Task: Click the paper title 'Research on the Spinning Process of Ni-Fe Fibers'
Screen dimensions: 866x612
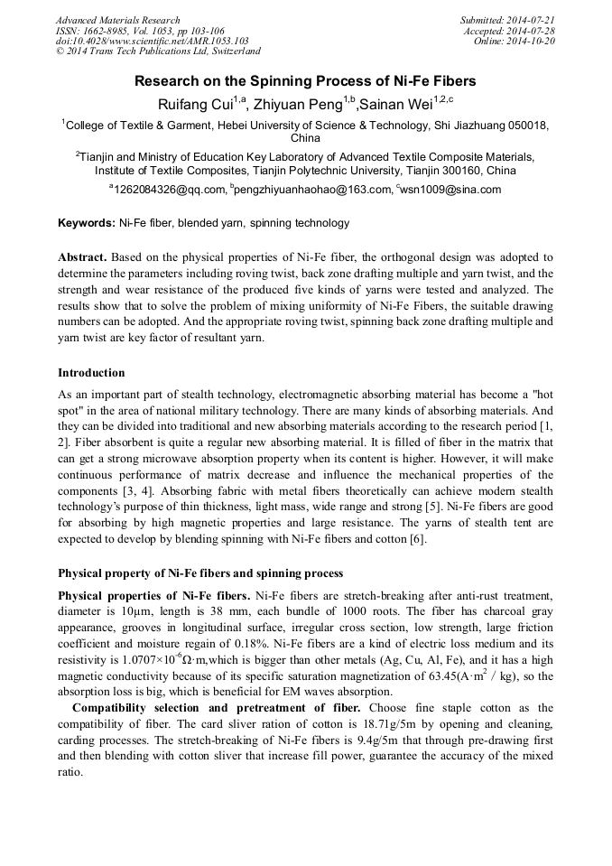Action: coord(305,81)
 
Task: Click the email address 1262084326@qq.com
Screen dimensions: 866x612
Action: coord(169,190)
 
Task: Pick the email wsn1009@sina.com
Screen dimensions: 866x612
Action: coord(451,190)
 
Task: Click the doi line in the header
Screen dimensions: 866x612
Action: coord(153,42)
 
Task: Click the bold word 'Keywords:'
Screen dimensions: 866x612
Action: coord(87,223)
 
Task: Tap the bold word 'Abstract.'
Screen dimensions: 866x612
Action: coord(82,257)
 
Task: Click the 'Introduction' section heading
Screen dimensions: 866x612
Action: coord(91,373)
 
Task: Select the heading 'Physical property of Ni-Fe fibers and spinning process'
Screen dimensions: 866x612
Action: coord(200,573)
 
